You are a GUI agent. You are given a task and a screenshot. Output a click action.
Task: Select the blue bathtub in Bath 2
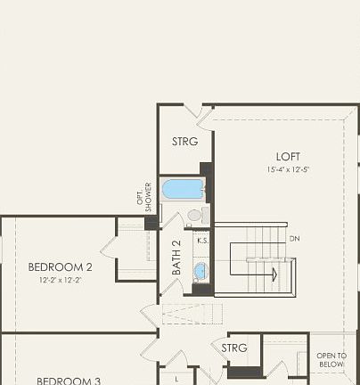183,190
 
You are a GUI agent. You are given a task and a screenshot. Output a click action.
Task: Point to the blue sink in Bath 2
200,271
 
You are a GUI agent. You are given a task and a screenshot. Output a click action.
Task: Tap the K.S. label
202,240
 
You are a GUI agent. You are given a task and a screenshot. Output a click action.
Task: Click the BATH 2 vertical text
176,257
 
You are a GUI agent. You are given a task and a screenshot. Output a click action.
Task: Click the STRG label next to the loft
184,141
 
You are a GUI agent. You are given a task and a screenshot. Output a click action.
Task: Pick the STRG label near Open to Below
234,348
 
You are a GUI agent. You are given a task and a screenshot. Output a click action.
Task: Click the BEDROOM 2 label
60,266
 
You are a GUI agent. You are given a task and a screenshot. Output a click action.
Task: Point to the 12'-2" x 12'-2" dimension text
60,280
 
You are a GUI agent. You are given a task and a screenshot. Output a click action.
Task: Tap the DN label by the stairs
295,239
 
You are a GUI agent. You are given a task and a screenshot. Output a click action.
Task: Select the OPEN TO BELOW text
331,360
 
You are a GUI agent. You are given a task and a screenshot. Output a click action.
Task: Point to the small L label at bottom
176,378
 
